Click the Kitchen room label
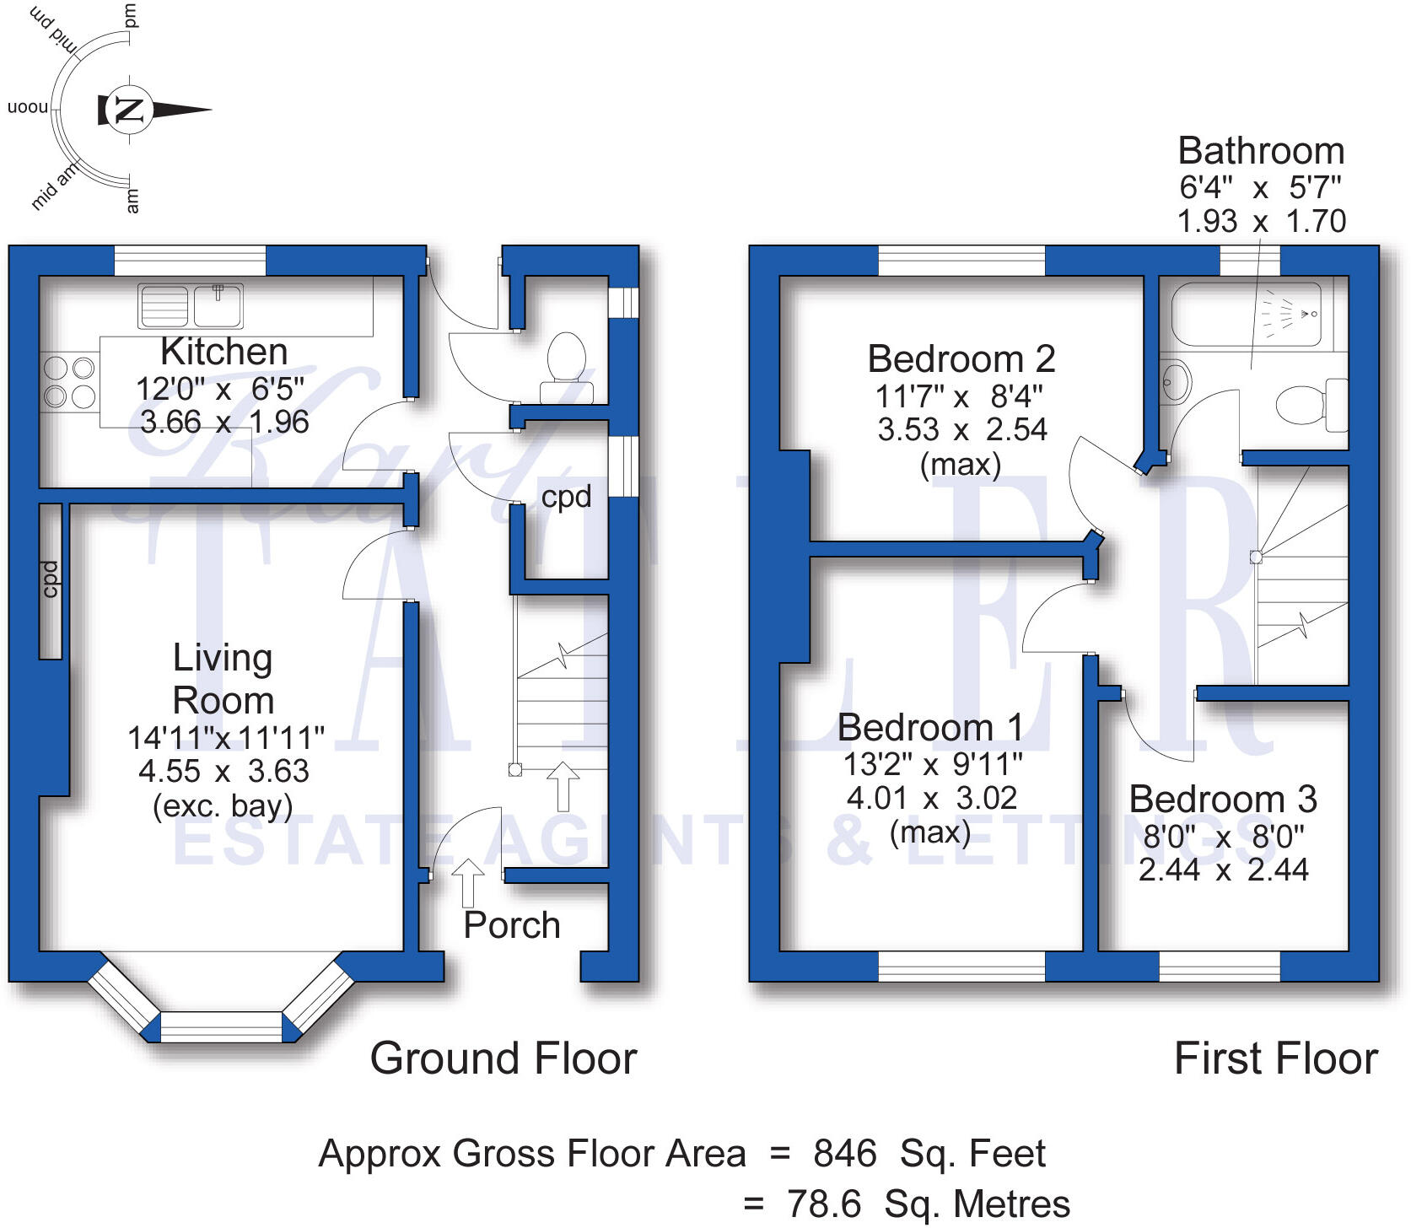224,352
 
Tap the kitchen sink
191,305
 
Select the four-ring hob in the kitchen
68,381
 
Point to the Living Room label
223,679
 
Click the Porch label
512,925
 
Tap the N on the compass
129,110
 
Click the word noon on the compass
28,107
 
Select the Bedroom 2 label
961,359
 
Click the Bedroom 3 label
1223,799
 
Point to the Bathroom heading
1261,151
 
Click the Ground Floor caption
504,1058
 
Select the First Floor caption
1276,1058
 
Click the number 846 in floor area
845,1153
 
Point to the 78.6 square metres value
928,1204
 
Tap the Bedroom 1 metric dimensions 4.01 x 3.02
932,798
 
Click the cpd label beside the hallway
566,498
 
